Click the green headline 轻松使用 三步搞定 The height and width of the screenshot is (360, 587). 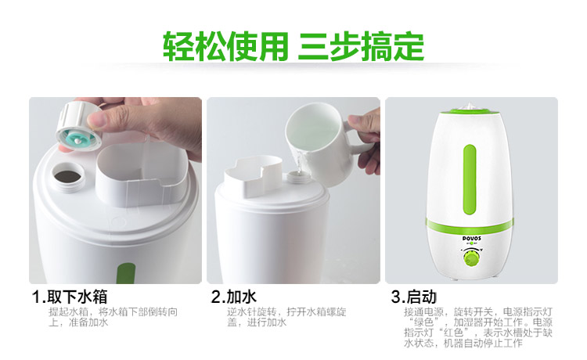coord(293,46)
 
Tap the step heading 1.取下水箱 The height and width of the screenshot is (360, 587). coord(70,297)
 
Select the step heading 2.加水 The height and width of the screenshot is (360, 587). coord(233,297)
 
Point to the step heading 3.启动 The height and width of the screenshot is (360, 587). coord(414,297)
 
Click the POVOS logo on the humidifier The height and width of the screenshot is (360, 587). coord(472,239)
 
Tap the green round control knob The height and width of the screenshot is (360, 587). coord(470,259)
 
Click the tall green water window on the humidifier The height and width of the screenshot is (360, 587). coord(470,180)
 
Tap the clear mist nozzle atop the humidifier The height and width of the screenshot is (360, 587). coord(470,106)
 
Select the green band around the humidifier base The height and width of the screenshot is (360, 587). coord(470,225)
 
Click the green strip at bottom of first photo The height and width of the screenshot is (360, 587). coord(126,273)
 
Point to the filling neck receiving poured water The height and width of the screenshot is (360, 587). coord(298,178)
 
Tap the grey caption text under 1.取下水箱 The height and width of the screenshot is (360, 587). coord(113,317)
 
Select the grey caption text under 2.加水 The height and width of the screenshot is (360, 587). coord(286,317)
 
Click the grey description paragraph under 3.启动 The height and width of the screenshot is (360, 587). coord(477,327)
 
